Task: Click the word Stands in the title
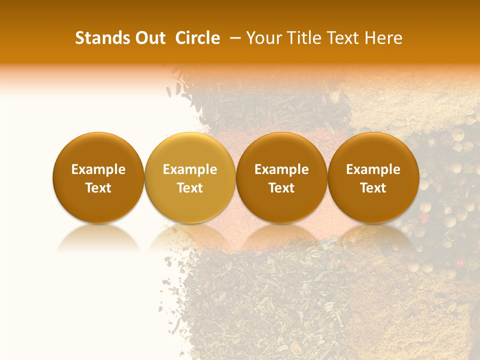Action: click(101, 38)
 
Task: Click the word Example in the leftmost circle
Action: click(98, 169)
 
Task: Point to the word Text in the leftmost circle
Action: click(98, 188)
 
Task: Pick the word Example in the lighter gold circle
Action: click(190, 169)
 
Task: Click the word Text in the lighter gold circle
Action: click(190, 188)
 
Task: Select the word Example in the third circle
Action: click(281, 169)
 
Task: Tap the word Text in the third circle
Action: click(281, 188)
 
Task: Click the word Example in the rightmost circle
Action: click(373, 169)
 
